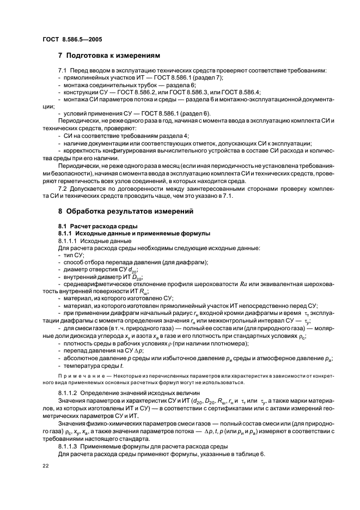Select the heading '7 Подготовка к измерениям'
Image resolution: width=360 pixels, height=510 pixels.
pos(109,56)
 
